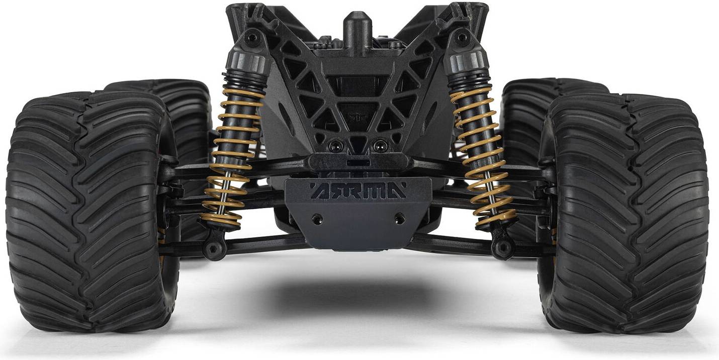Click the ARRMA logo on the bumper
click(x=358, y=190)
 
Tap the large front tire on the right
click(x=626, y=213)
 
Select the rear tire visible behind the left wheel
click(x=180, y=106)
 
